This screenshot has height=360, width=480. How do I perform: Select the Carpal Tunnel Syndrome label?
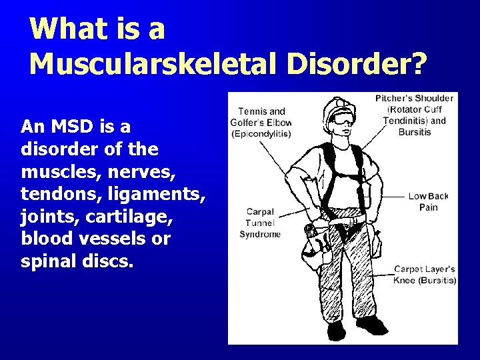260,223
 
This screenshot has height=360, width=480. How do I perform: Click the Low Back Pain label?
428,201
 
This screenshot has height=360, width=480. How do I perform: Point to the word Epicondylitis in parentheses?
261,133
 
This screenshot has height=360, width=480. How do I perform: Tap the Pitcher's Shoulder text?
415,98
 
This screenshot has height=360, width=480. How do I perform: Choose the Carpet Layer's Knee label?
425,275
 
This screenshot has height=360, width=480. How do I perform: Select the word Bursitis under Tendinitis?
415,132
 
